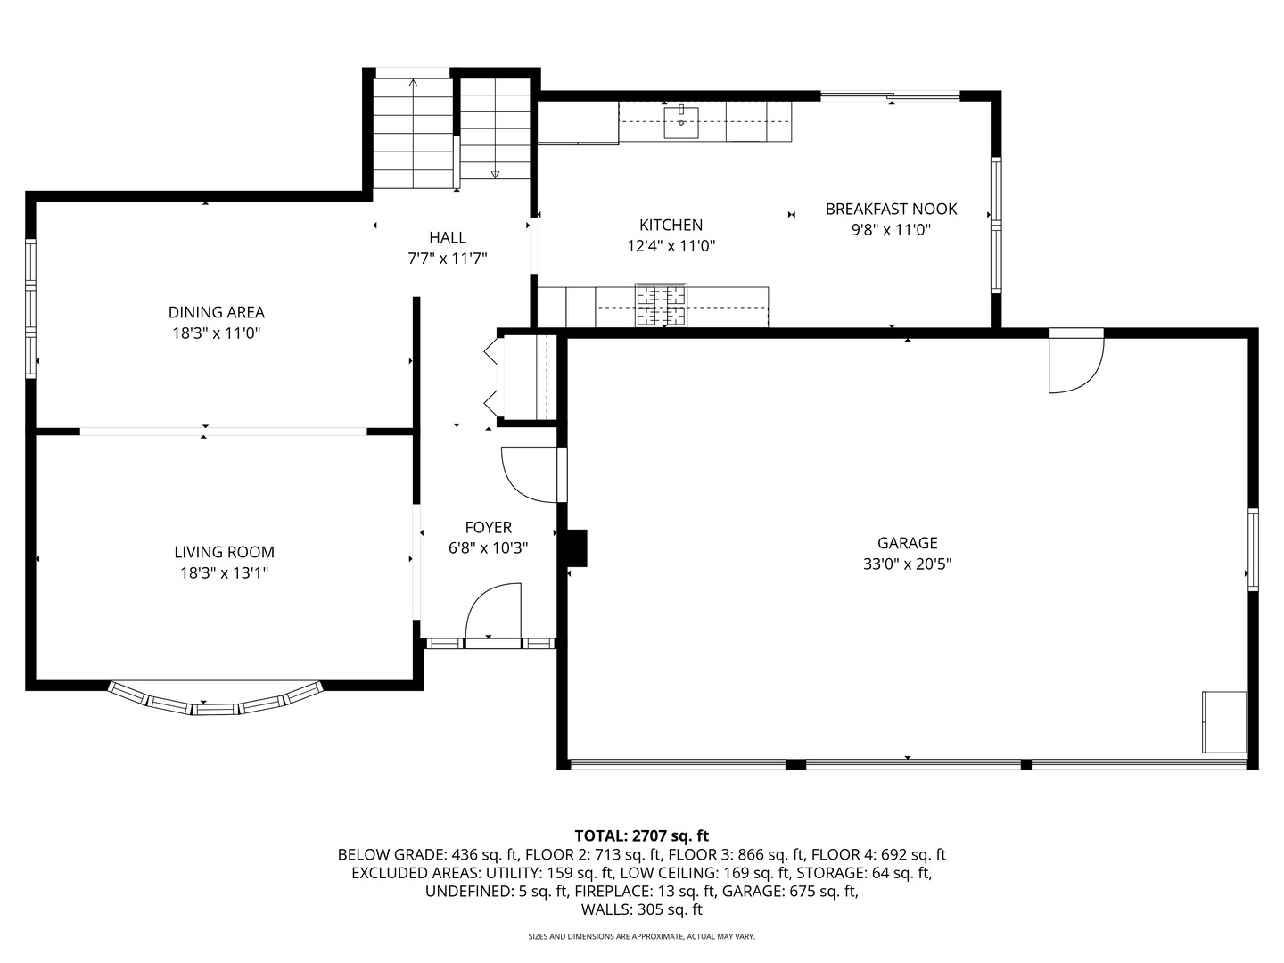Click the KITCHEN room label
671,225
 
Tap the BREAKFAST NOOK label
891,209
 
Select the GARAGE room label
908,543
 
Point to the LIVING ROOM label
224,552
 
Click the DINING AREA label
217,312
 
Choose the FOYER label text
489,527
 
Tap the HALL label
448,237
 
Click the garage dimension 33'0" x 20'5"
908,564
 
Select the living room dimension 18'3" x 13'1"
224,573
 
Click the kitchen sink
681,122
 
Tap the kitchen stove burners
661,305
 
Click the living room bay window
215,700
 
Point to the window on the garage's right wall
1253,549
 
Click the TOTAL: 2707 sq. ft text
642,835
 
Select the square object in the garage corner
1224,722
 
